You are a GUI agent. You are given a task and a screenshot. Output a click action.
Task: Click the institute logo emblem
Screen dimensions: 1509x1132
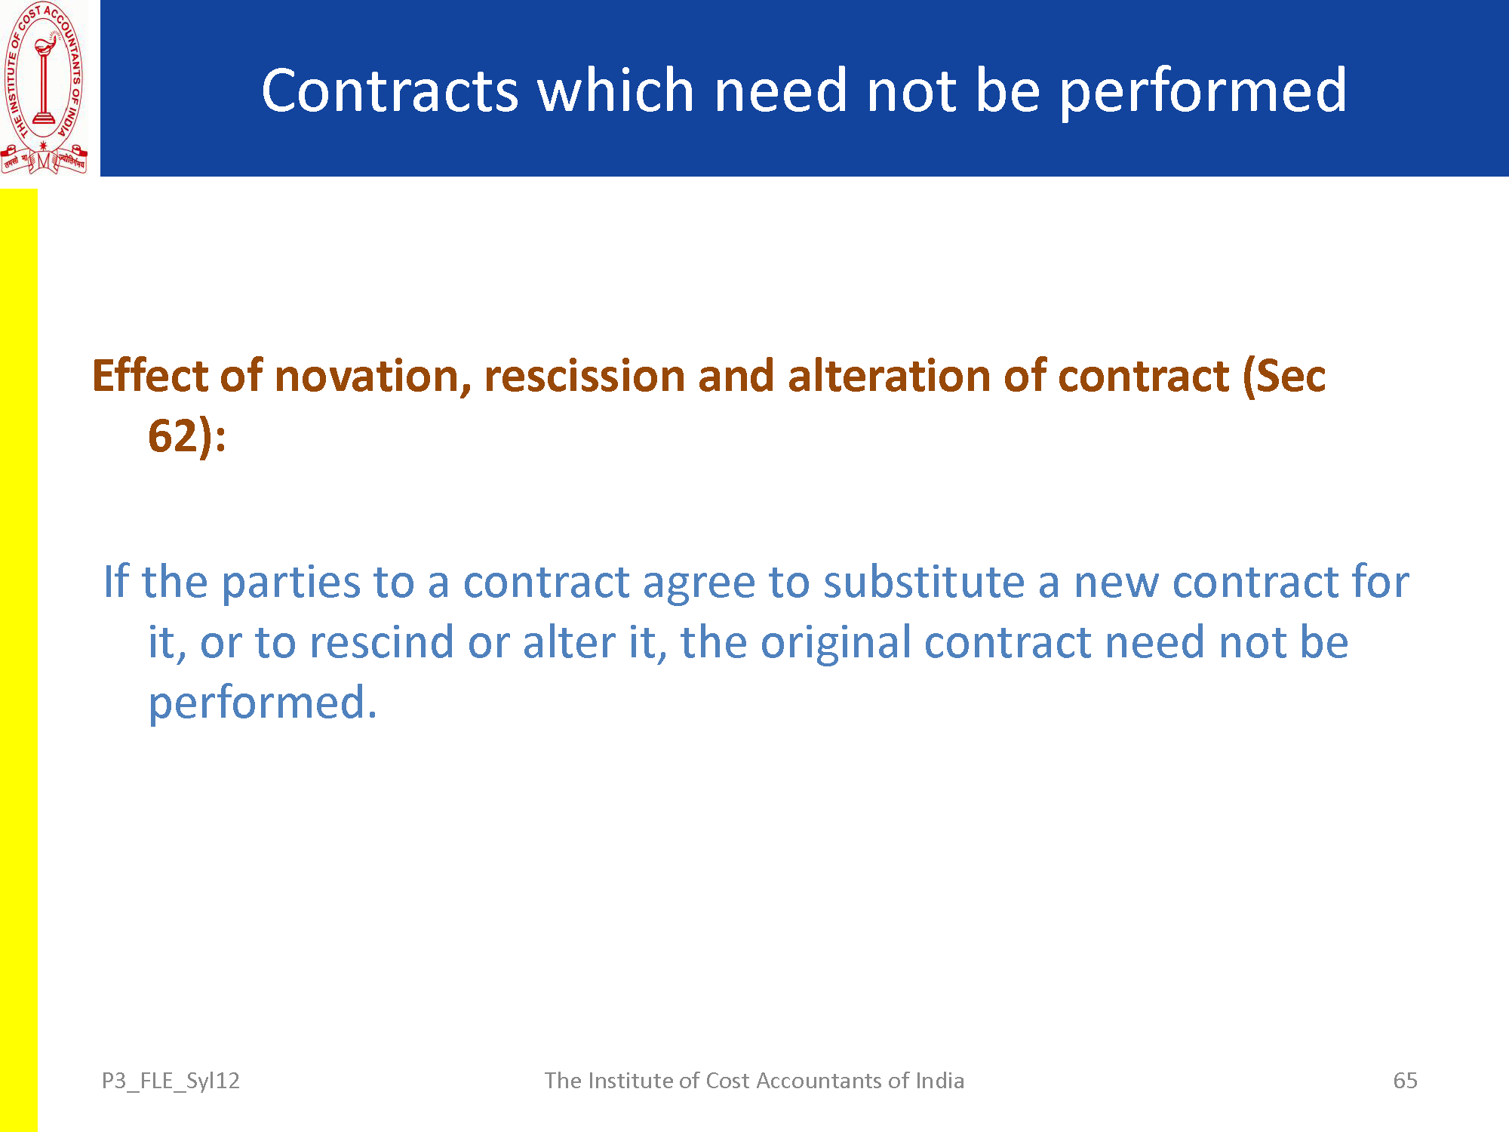click(44, 88)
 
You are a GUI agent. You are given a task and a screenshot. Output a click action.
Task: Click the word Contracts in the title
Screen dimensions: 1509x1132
click(390, 91)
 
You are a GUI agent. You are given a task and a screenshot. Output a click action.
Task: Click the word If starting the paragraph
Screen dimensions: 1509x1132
click(115, 581)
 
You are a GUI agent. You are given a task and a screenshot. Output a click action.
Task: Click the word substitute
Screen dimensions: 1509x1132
click(924, 582)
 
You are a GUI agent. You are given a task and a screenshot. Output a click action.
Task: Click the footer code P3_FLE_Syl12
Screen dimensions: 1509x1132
click(171, 1081)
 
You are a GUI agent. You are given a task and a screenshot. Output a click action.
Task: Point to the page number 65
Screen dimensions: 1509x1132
click(1405, 1081)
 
